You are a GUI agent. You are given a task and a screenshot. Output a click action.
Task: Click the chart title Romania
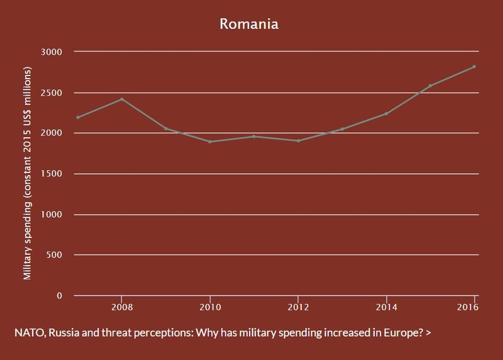(249, 24)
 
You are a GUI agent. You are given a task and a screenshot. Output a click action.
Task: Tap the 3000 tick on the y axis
(52, 52)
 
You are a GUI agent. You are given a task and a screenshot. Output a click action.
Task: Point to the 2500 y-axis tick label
(52, 93)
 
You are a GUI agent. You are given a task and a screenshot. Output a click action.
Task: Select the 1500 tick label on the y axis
(52, 174)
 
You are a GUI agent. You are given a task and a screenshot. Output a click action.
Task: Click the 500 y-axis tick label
(54, 255)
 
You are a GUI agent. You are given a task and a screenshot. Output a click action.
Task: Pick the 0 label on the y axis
(59, 296)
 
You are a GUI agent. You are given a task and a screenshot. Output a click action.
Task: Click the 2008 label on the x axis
(122, 307)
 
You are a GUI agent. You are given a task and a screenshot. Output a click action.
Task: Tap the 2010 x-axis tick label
(210, 307)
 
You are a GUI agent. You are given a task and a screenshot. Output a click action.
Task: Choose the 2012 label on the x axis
(298, 307)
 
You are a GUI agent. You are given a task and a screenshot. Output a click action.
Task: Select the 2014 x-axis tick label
(387, 307)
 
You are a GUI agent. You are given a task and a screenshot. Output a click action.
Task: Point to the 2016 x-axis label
(468, 307)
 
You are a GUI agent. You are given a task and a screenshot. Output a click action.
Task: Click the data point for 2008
(122, 99)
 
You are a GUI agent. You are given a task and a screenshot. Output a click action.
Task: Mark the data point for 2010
(210, 142)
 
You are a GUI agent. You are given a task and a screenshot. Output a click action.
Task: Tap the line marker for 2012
(298, 140)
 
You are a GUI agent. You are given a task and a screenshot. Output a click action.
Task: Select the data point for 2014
(386, 114)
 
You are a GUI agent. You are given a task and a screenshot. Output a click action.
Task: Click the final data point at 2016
(474, 67)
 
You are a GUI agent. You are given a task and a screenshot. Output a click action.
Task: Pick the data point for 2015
(430, 86)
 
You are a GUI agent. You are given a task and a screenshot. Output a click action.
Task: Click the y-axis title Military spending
(28, 241)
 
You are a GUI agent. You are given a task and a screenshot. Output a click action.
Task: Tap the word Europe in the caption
(405, 333)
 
